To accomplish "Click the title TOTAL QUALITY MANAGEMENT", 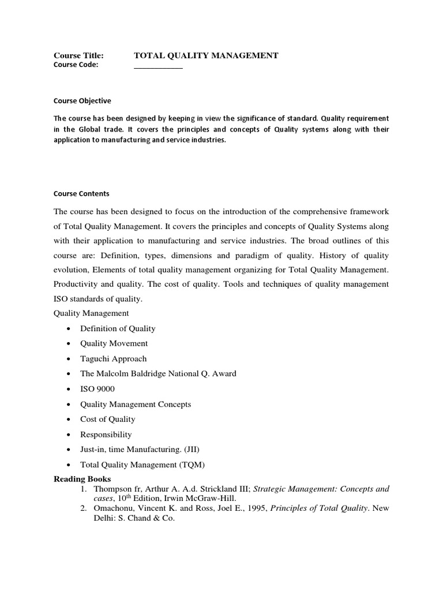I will click(x=206, y=55).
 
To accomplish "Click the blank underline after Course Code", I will click(x=158, y=67).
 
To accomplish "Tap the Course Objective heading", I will click(x=82, y=100).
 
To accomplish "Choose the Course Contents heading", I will click(x=81, y=193).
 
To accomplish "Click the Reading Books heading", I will click(x=82, y=479).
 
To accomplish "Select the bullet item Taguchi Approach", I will click(x=113, y=358).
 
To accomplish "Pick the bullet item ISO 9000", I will click(x=97, y=389).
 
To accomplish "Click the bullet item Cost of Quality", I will click(x=108, y=419).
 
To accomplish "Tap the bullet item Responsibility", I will click(x=106, y=434).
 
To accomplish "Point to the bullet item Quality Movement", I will click(x=114, y=343).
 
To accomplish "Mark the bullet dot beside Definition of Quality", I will click(x=69, y=328).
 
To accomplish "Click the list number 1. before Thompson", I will click(x=84, y=489).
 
